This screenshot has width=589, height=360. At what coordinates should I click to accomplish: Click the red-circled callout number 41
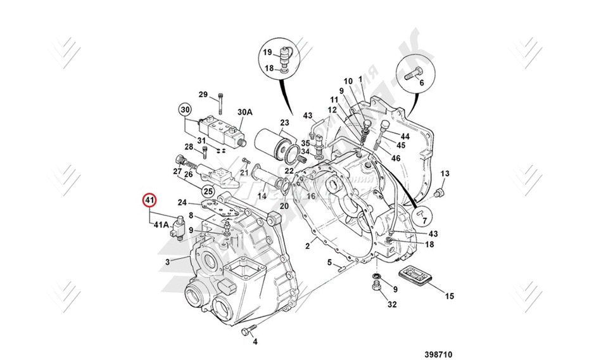pos(149,201)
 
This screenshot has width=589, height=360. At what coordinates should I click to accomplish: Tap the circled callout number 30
pos(184,109)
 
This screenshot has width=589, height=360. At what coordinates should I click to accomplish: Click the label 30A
pos(244,112)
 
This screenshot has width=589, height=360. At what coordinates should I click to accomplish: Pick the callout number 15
pos(449,295)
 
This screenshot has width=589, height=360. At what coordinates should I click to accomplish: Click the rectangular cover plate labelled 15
pos(415,277)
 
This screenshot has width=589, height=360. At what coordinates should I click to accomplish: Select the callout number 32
pos(392,305)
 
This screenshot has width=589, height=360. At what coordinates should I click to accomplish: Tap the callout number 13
pos(445,174)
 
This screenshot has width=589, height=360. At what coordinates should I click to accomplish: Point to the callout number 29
pos(203,95)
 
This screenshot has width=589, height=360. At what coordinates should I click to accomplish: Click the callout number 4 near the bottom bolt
pos(255,342)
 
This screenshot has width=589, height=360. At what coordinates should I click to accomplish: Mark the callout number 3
pos(167,262)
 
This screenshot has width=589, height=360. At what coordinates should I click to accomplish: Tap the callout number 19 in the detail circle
pos(268,52)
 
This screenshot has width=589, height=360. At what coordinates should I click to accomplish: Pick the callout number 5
pos(329,262)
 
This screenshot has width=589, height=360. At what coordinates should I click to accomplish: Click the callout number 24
pos(182,203)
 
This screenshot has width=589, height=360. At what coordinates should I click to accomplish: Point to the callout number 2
pos(307,246)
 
